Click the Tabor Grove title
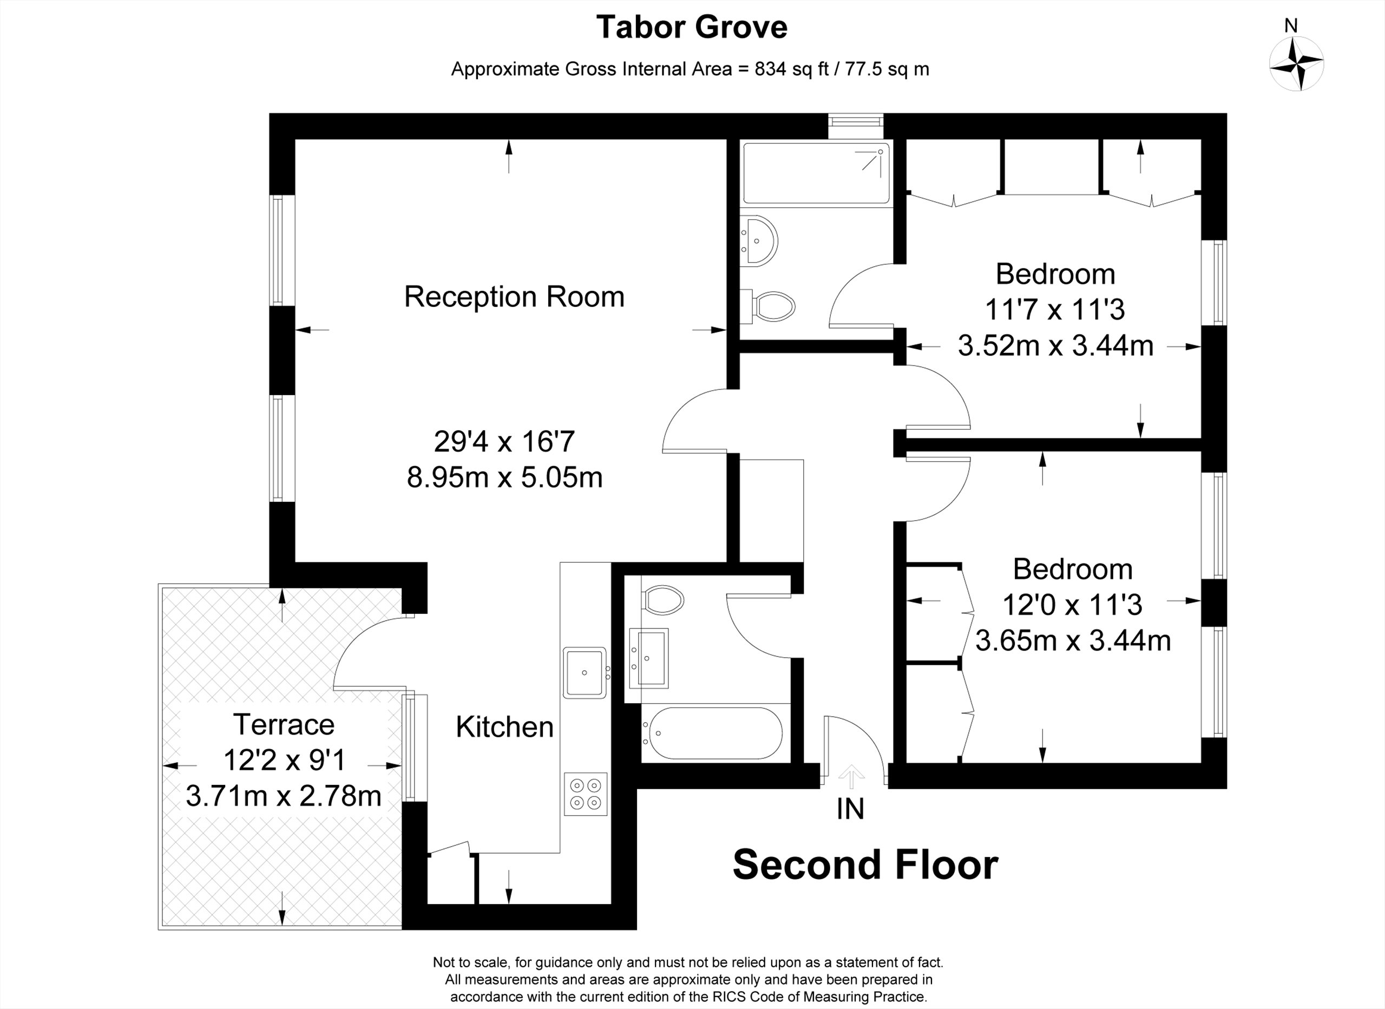[x=692, y=28]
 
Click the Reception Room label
[x=514, y=297]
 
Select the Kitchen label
[x=504, y=727]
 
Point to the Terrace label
[x=284, y=725]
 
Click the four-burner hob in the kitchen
[x=586, y=794]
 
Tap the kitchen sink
[x=585, y=672]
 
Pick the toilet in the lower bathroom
[x=663, y=600]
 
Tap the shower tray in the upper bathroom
[x=816, y=173]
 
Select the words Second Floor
[x=865, y=865]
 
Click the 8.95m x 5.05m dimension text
[x=504, y=477]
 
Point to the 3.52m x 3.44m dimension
[x=1055, y=346]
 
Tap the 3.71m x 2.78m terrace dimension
[x=284, y=796]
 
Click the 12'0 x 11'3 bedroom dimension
[x=1072, y=605]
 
